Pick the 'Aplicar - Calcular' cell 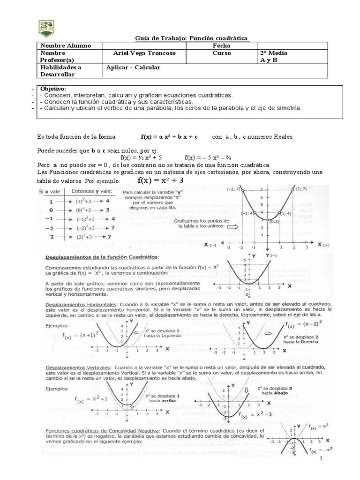[135, 67]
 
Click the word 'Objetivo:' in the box [53, 89]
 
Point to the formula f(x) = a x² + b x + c [169, 137]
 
